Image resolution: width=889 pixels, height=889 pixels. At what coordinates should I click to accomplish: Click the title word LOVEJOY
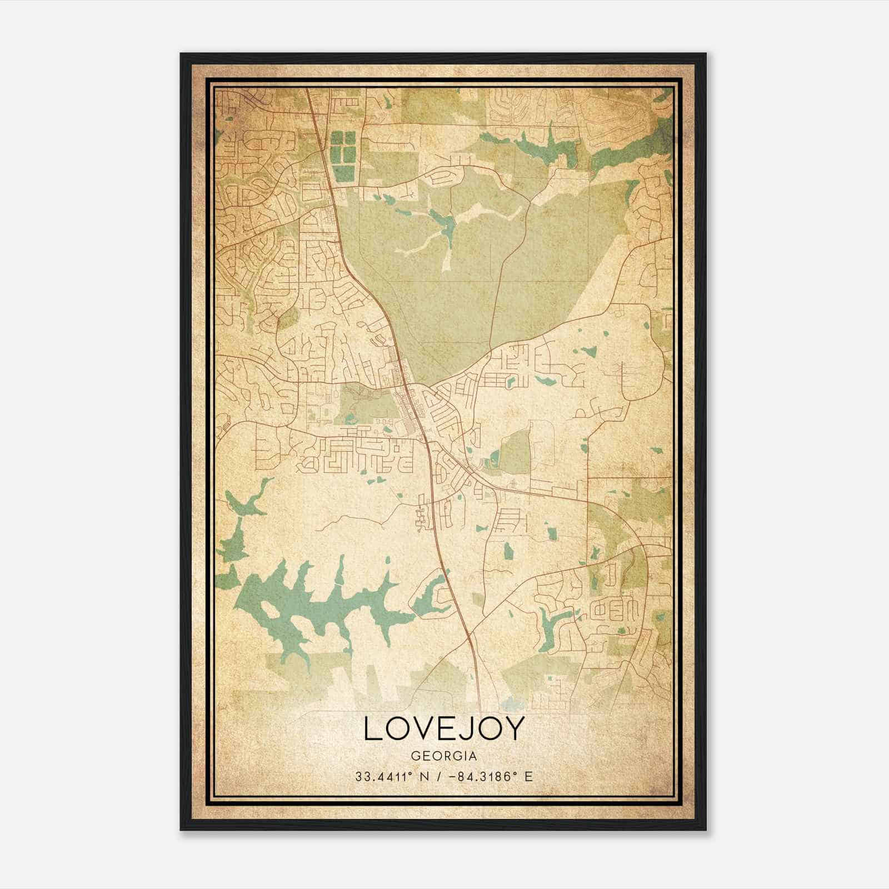pos(443,728)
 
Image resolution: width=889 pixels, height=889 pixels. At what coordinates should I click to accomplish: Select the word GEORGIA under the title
pos(443,756)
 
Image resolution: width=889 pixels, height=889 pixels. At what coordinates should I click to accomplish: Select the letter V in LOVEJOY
pos(422,728)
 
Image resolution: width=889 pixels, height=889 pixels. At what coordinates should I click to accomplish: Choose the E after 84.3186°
pos(528,776)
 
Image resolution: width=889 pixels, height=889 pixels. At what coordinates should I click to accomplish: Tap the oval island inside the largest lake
pos(267,609)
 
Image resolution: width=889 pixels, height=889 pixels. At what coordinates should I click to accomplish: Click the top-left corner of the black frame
pos(181,54)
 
